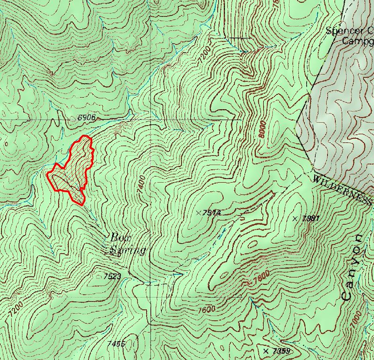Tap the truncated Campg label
tap(357, 41)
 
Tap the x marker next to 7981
tap(295, 218)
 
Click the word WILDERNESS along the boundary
tap(341, 189)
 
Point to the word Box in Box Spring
tap(120, 237)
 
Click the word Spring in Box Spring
tap(128, 251)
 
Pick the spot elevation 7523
tap(113, 276)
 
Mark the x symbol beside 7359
tap(266, 351)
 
